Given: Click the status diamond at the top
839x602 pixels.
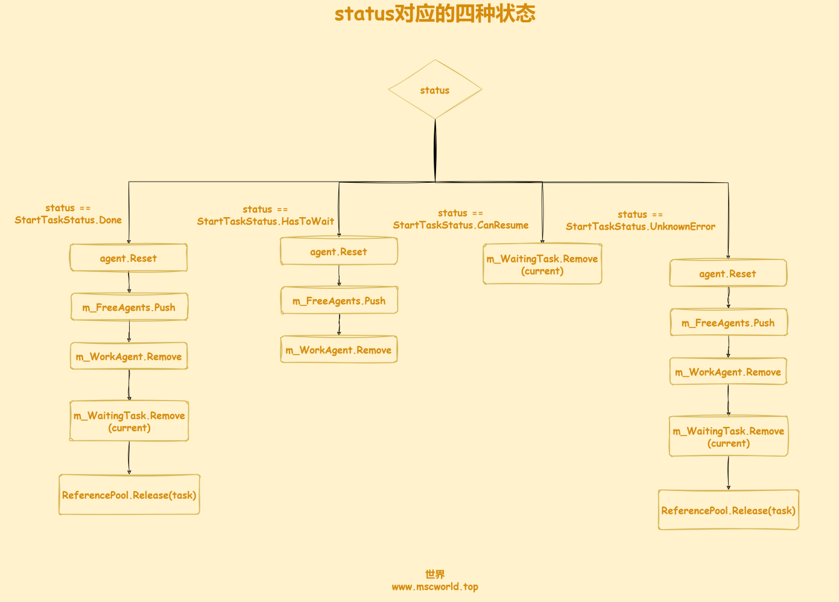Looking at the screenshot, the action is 435,89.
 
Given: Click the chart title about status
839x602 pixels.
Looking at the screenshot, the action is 435,14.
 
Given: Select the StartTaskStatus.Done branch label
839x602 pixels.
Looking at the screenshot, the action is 68,214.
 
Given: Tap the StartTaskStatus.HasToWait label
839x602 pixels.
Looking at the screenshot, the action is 265,215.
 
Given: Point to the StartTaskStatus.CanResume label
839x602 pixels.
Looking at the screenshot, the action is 460,219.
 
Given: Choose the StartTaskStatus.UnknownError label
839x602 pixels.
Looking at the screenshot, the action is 640,221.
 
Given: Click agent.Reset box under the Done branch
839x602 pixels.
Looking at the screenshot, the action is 128,258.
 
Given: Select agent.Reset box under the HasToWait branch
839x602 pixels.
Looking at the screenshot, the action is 338,251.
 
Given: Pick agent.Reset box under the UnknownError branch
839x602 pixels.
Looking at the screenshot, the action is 728,273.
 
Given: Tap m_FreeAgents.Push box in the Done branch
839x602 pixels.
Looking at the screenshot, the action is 129,307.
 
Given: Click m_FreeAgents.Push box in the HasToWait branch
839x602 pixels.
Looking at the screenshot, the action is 339,300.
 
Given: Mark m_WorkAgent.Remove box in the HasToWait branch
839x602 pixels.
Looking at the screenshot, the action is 338,349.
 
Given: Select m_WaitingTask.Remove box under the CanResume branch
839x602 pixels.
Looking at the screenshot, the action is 542,264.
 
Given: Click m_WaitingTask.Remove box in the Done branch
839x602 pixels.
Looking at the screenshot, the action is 129,421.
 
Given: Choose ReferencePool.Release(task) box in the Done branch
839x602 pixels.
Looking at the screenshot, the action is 129,495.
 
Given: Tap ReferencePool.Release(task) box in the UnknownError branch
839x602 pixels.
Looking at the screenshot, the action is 729,510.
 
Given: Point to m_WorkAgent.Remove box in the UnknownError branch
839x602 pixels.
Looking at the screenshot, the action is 728,371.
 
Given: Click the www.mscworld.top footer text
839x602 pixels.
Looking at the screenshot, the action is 435,586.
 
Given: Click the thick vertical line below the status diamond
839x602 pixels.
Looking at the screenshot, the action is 435,151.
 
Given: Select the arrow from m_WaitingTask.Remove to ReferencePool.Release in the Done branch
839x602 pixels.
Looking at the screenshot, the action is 129,458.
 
